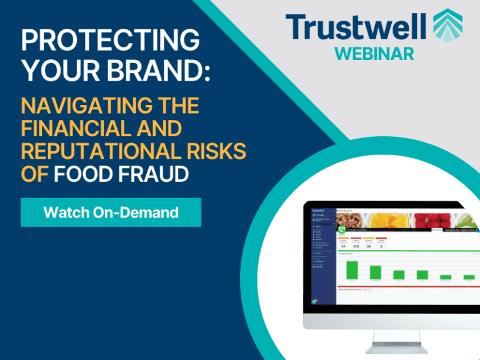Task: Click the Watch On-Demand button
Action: pyautogui.click(x=111, y=212)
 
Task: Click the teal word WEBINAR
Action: pyautogui.click(x=374, y=53)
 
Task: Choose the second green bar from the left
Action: pyautogui.click(x=376, y=272)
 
